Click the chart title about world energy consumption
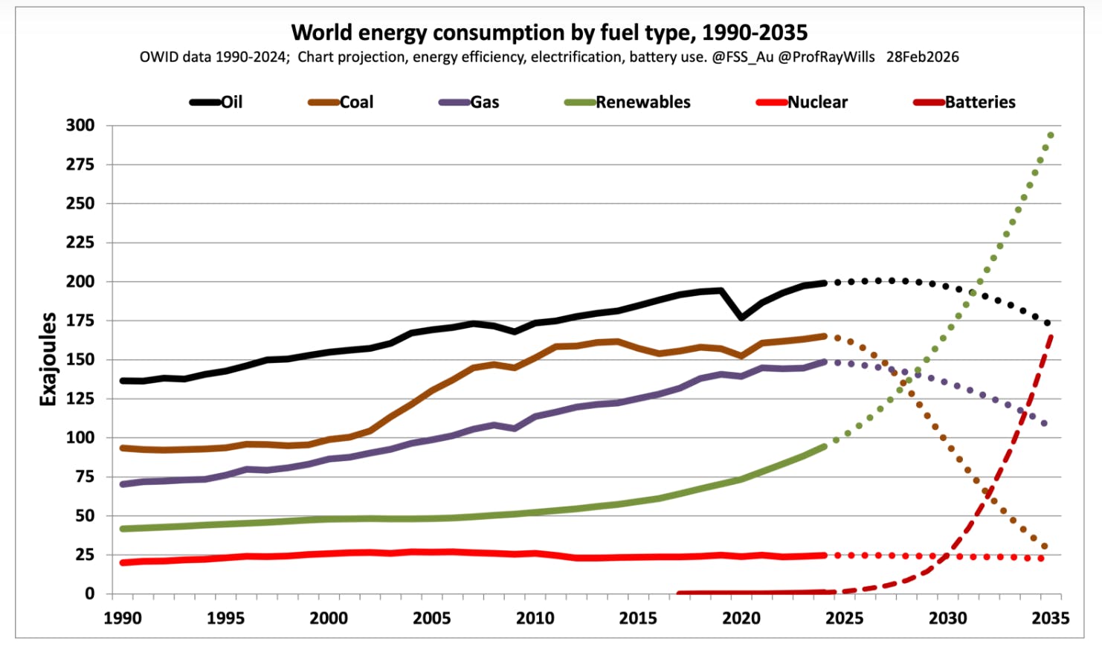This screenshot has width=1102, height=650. pyautogui.click(x=549, y=33)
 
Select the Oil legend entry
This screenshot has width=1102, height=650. pyautogui.click(x=216, y=103)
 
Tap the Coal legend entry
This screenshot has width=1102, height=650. pyautogui.click(x=341, y=103)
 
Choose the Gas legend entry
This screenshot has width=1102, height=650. pyautogui.click(x=469, y=103)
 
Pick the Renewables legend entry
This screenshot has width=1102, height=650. pyautogui.click(x=628, y=103)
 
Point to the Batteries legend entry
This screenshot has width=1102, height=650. pyautogui.click(x=964, y=103)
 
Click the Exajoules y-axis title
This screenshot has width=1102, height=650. pyautogui.click(x=48, y=359)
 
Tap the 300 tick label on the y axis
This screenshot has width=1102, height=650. pyautogui.click(x=80, y=126)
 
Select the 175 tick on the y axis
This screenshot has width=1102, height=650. pyautogui.click(x=80, y=321)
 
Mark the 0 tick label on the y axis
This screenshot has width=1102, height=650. pyautogui.click(x=89, y=593)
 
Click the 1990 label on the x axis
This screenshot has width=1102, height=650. pyautogui.click(x=123, y=618)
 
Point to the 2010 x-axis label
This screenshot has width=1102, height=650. pyautogui.click(x=535, y=618)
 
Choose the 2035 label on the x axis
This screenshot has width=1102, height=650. pyautogui.click(x=1050, y=618)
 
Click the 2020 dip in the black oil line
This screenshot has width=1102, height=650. pyautogui.click(x=741, y=318)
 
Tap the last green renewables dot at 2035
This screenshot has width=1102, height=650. pyautogui.click(x=1051, y=135)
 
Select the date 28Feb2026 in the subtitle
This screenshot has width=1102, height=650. pyautogui.click(x=922, y=57)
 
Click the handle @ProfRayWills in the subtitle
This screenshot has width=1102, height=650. pyautogui.click(x=826, y=57)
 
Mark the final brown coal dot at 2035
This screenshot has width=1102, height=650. pyautogui.click(x=1045, y=547)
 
